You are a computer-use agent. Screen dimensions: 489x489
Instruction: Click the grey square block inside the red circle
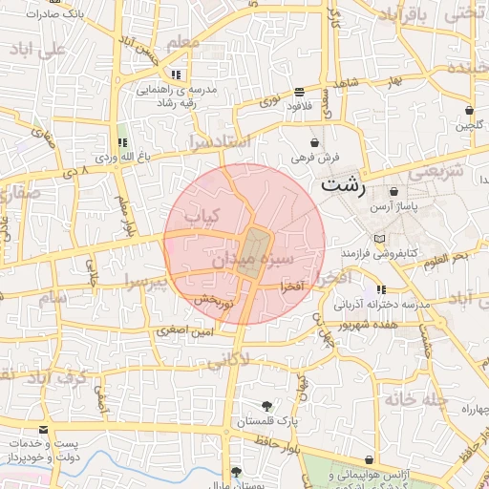253,253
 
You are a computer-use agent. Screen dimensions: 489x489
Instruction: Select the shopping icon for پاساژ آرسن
393,191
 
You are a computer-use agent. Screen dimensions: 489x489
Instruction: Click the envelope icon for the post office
43,429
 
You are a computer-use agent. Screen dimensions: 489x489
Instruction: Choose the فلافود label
301,105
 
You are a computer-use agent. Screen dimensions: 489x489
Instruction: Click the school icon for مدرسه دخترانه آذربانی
381,289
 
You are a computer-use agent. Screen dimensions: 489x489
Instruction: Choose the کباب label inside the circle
202,217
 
